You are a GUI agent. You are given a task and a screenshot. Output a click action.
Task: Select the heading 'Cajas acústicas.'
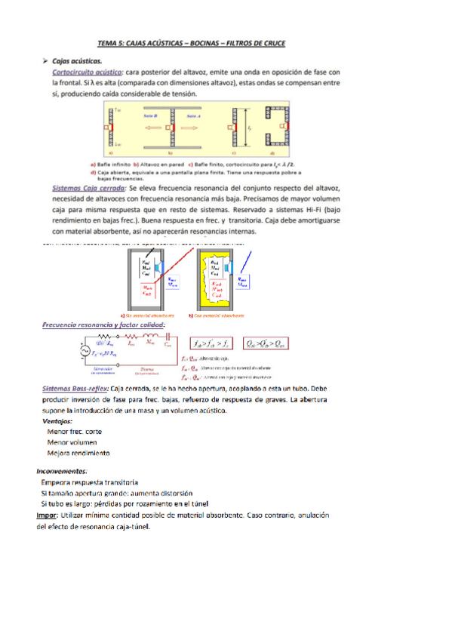click(82, 60)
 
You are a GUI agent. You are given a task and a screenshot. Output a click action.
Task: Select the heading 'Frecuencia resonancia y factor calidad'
click(103, 325)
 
